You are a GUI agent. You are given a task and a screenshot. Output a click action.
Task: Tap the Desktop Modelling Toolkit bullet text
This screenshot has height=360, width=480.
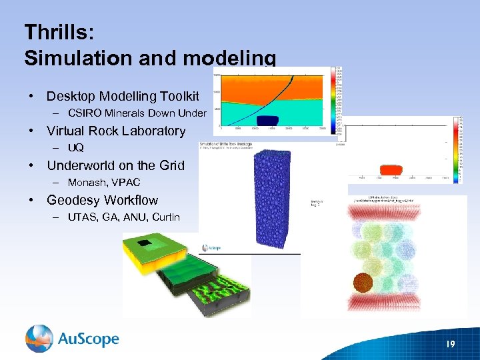point(123,97)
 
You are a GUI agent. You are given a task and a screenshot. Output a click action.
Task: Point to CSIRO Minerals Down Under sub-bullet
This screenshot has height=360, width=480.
point(137,113)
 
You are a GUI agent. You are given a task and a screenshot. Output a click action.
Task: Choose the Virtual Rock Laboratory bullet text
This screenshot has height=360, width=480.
point(116,131)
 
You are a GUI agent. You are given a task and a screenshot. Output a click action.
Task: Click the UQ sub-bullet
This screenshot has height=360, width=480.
point(75,147)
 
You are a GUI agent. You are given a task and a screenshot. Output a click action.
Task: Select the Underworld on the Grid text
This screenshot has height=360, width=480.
point(115,165)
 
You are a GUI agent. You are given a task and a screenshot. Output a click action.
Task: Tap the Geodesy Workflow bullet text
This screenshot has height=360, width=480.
point(102,200)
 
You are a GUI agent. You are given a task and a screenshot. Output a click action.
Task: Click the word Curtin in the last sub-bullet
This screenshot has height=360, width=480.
point(166,217)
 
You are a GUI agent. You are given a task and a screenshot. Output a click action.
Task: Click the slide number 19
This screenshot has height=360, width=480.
point(450,343)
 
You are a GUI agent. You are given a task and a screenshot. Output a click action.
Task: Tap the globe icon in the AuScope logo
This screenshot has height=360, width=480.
point(39,339)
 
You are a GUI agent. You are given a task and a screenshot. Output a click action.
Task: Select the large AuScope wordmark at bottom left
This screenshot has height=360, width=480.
point(87,339)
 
